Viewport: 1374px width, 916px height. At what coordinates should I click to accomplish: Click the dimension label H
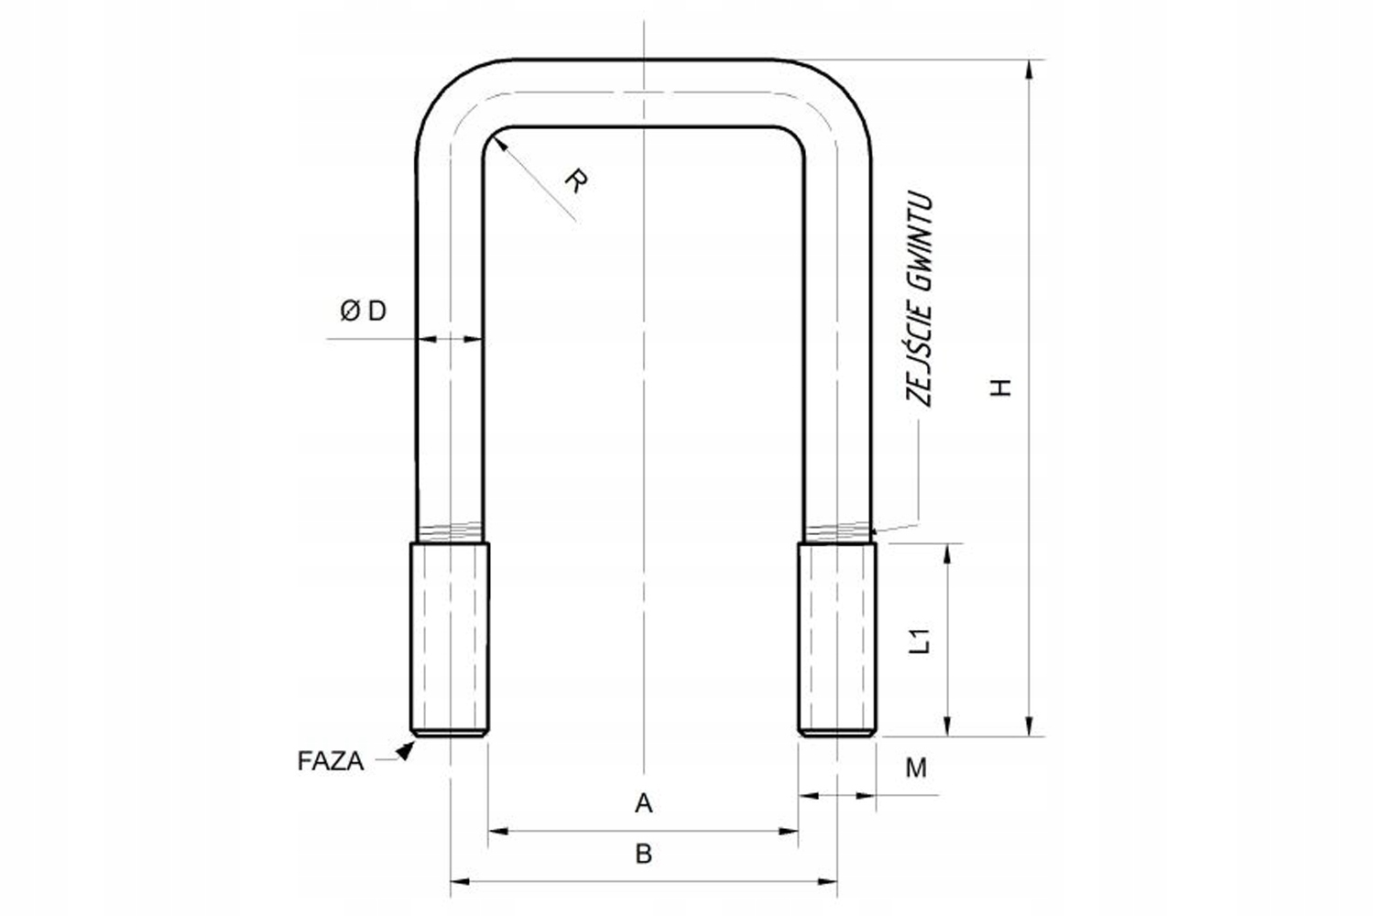pos(1000,387)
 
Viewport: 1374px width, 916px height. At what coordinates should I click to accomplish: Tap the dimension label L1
pos(920,640)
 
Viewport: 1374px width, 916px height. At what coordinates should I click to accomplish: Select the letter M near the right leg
pos(916,768)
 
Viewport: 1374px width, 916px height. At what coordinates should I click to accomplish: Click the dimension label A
pos(643,803)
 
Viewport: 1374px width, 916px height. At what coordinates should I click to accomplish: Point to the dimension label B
pos(643,854)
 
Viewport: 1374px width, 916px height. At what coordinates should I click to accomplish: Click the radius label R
pos(576,181)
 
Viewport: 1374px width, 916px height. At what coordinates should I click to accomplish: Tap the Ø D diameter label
pos(363,311)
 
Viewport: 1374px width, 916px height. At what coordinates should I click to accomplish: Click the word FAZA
pos(331,761)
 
